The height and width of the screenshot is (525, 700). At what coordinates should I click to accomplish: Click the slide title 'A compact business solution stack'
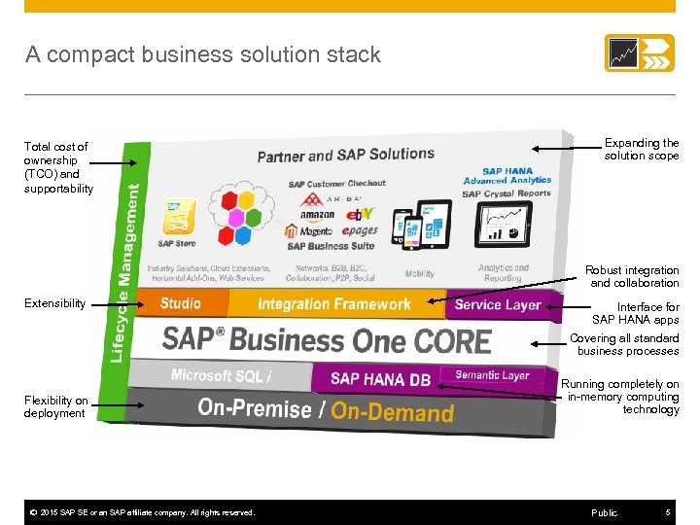[203, 54]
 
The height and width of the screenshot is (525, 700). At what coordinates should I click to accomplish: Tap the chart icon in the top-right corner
[639, 52]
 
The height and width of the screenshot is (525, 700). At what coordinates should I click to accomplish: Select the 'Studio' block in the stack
[180, 303]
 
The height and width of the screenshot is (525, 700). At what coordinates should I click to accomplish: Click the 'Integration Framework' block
[333, 304]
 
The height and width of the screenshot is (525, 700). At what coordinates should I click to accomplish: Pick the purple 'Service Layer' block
[497, 304]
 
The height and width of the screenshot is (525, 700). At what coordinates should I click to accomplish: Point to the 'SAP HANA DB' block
[379, 378]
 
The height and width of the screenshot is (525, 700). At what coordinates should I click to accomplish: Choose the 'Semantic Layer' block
[491, 375]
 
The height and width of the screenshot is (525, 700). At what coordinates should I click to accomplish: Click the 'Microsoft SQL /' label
[221, 375]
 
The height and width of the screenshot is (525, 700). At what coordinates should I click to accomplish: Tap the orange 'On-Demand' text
[392, 411]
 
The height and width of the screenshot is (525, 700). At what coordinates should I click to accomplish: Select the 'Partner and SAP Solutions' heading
[345, 156]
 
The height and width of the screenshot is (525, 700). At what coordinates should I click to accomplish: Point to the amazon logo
[317, 216]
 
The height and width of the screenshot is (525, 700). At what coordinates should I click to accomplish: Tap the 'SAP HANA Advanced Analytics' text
[507, 176]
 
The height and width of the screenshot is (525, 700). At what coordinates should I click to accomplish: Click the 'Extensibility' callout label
[54, 303]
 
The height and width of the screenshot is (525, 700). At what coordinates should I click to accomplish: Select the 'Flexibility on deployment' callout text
[55, 406]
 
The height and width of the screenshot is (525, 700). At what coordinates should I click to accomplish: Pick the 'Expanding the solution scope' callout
[642, 149]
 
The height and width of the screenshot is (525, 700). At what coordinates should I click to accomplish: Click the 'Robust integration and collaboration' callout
[632, 276]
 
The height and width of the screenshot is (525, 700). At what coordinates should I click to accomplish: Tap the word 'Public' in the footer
[604, 512]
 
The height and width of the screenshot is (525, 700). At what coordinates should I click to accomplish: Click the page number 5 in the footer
[668, 512]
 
